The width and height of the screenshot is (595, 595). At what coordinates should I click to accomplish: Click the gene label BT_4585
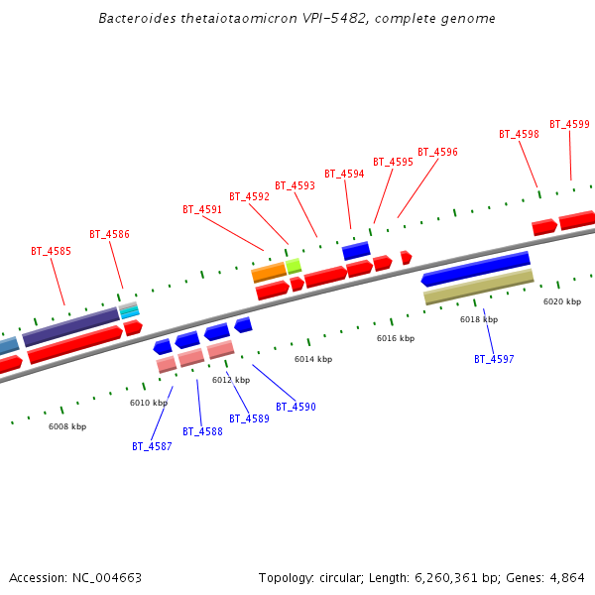51,251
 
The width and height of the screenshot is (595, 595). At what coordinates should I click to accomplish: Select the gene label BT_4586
109,234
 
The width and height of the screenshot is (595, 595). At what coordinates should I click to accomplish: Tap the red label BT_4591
202,209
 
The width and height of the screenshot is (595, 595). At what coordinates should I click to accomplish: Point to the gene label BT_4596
437,152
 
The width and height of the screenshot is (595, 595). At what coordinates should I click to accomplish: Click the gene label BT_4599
569,124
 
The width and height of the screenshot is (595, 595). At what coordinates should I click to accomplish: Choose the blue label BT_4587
152,446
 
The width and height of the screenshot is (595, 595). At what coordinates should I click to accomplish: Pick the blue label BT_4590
296,407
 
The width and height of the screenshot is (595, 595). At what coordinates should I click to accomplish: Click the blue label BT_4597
494,359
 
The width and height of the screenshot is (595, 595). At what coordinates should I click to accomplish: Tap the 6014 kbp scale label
313,359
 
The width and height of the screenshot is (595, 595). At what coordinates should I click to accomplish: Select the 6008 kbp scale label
67,426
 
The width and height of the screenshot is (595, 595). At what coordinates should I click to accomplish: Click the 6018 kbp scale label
479,319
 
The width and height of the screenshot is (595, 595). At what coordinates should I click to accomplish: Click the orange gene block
269,272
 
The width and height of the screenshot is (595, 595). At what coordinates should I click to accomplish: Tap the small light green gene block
294,265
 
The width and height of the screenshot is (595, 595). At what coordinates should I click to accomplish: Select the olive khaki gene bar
478,286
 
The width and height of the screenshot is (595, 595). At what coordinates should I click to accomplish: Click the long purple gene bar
70,327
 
